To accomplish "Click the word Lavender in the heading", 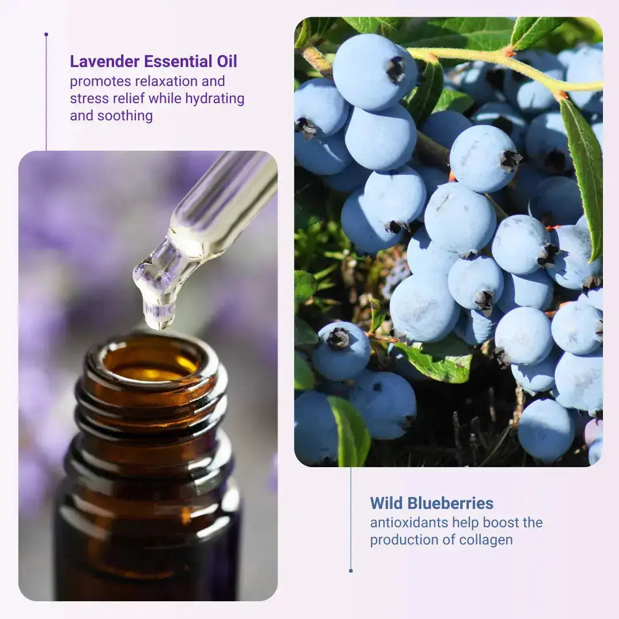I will click(105, 61).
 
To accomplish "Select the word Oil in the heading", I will click(226, 61).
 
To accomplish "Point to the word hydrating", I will click(215, 99).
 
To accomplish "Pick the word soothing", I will click(125, 116).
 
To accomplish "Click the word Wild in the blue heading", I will click(386, 503).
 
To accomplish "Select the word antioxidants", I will click(409, 522).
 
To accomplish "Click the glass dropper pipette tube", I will click(224, 203).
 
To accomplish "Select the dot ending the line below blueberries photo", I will click(351, 570).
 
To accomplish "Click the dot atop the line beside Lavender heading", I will click(46, 34).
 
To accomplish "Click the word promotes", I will click(100, 81).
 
